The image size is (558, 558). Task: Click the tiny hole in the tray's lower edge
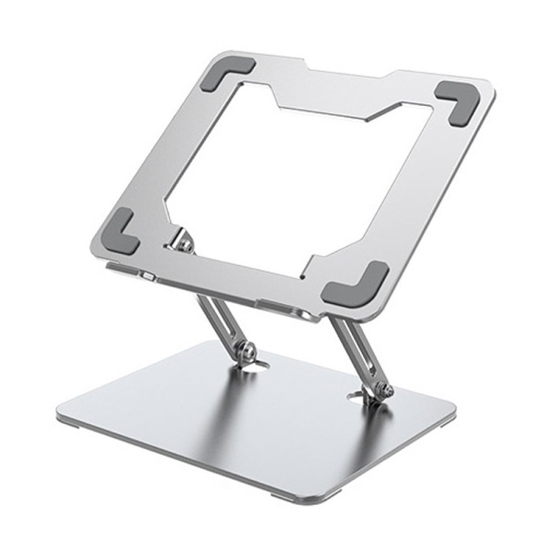tap(305, 275)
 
